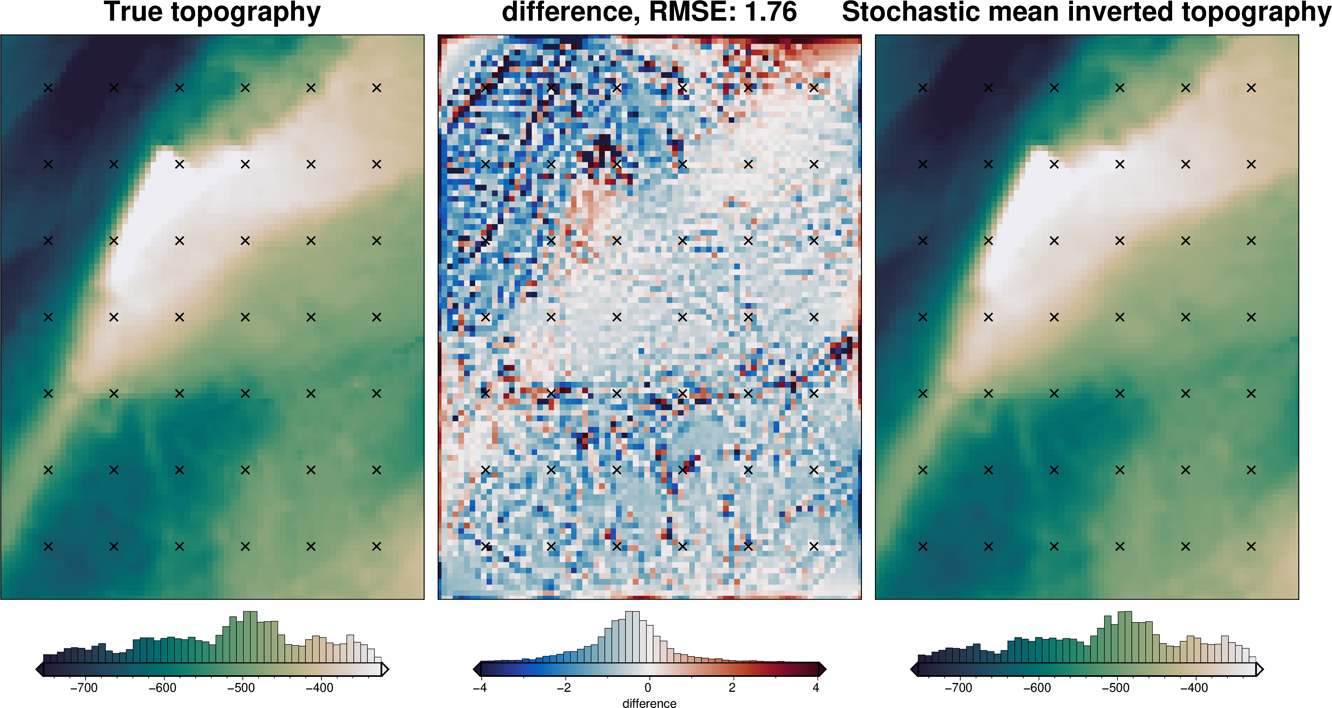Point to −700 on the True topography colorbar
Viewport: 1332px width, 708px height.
pyautogui.click(x=84, y=688)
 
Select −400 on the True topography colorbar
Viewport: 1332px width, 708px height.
pyautogui.click(x=319, y=688)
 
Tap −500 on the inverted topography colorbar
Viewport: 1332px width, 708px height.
pyautogui.click(x=1115, y=688)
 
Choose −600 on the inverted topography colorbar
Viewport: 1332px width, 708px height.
pyautogui.click(x=1037, y=688)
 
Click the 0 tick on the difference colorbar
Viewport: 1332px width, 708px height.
pyautogui.click(x=648, y=688)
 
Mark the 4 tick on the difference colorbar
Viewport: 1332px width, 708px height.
pyautogui.click(x=816, y=688)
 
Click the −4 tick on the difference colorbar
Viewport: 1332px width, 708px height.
pyautogui.click(x=480, y=688)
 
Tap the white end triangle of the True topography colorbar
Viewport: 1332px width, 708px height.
pyautogui.click(x=385, y=669)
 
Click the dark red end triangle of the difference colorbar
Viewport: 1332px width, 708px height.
pyautogui.click(x=822, y=669)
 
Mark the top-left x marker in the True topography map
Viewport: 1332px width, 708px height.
pyautogui.click(x=48, y=88)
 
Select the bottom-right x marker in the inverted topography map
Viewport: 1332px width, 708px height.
pyautogui.click(x=1251, y=546)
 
